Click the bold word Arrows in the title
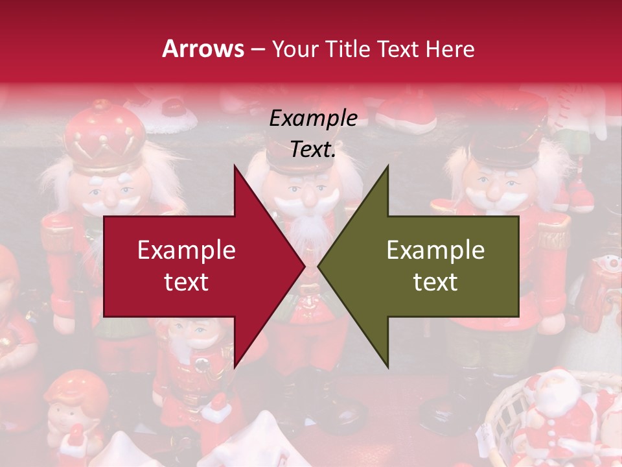pyautogui.click(x=203, y=49)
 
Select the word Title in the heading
pyautogui.click(x=347, y=49)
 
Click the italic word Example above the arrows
pyautogui.click(x=313, y=118)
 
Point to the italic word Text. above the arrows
pyautogui.click(x=313, y=150)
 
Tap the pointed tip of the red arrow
pyautogui.click(x=303, y=267)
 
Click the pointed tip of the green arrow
pyautogui.click(x=320, y=267)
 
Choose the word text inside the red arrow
pyautogui.click(x=186, y=282)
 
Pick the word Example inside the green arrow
pyautogui.click(x=435, y=250)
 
